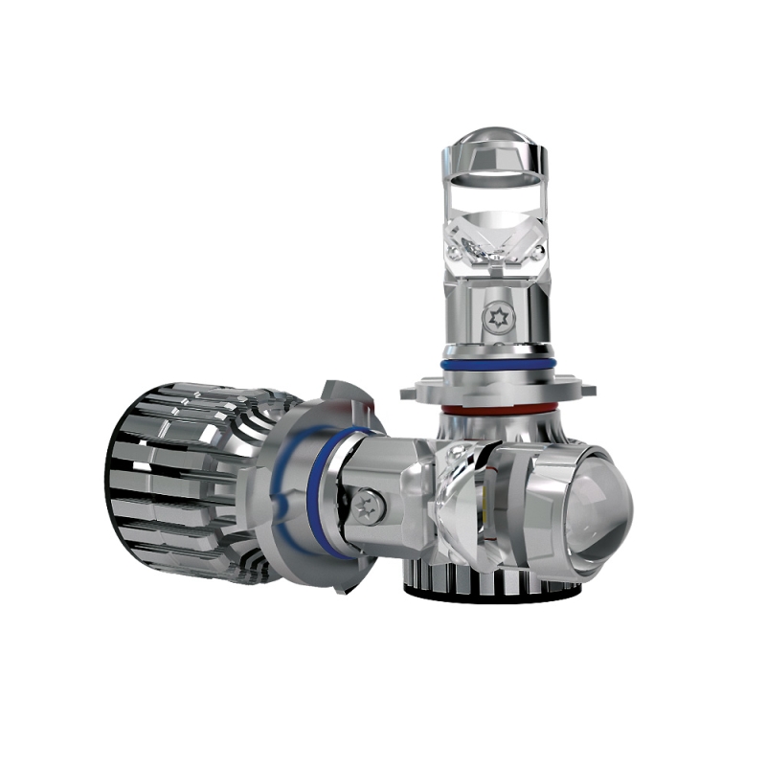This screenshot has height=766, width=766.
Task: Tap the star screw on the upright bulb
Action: coord(497,318)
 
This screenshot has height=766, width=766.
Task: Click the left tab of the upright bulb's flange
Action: coord(418,390)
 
